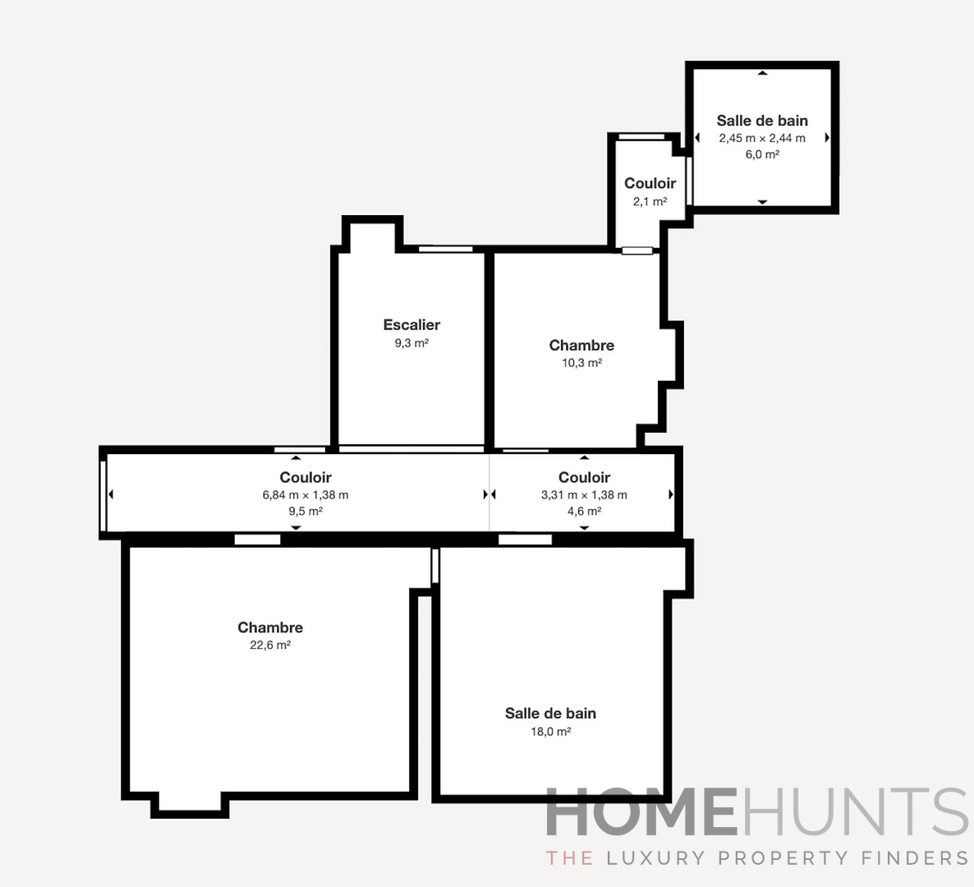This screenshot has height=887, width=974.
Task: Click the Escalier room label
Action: point(411,325)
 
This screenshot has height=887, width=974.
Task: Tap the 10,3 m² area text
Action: point(581,363)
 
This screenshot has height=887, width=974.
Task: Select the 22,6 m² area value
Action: point(270,646)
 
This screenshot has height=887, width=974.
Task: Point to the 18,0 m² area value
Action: point(550,732)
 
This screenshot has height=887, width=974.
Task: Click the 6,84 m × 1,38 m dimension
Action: point(306,495)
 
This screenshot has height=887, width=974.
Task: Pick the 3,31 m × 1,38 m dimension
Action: point(584,495)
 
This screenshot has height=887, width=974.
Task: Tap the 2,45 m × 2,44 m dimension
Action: point(762,138)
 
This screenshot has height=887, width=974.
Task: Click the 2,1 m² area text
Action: point(650,201)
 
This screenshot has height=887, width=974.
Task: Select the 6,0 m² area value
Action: point(762,154)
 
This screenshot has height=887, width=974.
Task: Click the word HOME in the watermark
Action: point(641,812)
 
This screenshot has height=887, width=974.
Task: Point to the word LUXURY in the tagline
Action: point(655,858)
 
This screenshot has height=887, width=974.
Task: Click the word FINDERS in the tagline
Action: point(915,858)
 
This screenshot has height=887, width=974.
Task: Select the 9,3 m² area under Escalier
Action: point(411,343)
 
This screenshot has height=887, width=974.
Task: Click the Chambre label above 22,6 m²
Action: point(270,627)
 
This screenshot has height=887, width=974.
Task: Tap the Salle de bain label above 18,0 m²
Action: point(550,714)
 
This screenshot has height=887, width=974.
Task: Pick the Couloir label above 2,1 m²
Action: point(650,183)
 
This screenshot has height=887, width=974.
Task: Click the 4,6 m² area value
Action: point(584,511)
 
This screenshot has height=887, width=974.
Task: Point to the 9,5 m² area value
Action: point(306,511)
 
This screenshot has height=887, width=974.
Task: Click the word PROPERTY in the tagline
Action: point(783,858)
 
